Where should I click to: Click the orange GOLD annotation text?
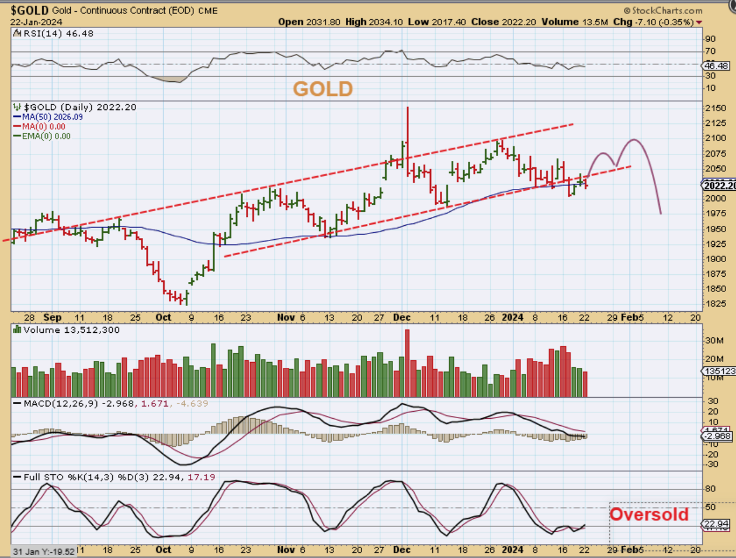[322, 89]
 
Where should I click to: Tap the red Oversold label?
[649, 514]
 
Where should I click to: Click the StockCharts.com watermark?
[663, 11]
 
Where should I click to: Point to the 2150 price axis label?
[715, 108]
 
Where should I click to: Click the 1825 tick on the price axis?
[715, 304]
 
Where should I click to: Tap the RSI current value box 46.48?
[716, 66]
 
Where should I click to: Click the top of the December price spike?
[407, 108]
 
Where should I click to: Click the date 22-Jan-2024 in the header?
[36, 22]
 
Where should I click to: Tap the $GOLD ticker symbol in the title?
[29, 11]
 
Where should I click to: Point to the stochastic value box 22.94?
[716, 523]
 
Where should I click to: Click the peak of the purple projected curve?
[634, 140]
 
